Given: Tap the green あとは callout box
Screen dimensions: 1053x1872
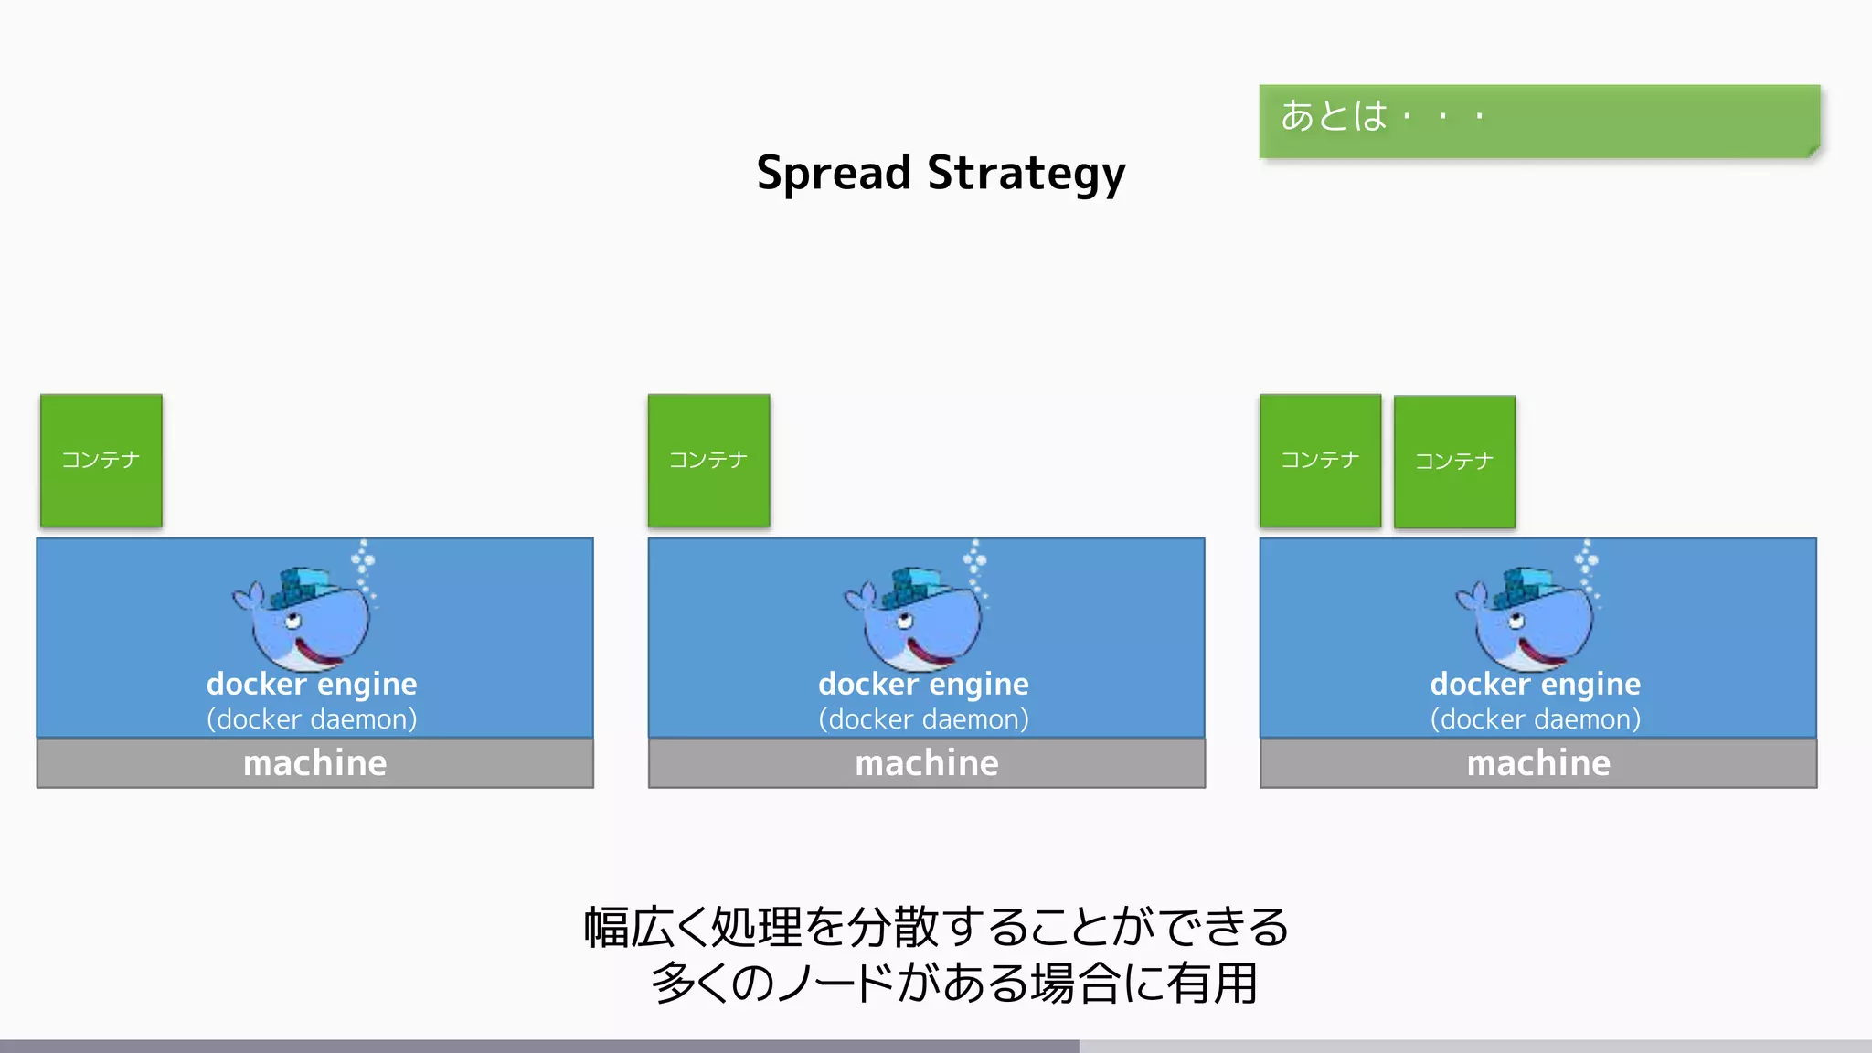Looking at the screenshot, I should [1538, 121].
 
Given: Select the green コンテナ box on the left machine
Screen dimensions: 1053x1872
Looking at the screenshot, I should [101, 460].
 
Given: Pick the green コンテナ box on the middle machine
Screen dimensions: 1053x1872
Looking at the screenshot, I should [708, 460].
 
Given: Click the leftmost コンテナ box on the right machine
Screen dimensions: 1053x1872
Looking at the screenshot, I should [1320, 460].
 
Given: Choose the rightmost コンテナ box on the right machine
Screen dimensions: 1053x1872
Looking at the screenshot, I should [1454, 462].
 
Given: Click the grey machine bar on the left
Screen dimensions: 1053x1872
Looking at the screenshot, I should [314, 763].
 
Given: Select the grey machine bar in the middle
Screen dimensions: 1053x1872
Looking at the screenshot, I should [926, 763].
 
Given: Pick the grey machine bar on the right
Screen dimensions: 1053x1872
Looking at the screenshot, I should [1538, 763].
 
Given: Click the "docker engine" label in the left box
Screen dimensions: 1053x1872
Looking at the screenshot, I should [312, 685].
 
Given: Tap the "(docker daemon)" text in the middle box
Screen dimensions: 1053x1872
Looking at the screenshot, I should [923, 719].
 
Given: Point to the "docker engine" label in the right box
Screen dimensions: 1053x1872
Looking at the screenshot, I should [1536, 685].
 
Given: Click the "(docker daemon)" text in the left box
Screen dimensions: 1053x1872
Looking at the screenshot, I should [312, 719].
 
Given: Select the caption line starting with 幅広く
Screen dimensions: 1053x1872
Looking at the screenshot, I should [936, 927].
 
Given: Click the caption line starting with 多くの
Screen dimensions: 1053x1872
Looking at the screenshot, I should [954, 984].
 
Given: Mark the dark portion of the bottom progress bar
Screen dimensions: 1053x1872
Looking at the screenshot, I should [539, 1046].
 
